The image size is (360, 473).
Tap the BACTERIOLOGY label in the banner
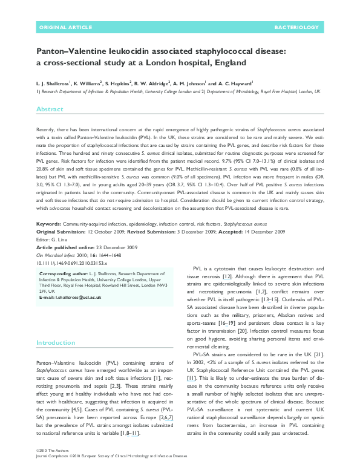(x=296, y=28)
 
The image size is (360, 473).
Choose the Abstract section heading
(x=50, y=109)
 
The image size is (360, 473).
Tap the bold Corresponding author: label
(x=64, y=275)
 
